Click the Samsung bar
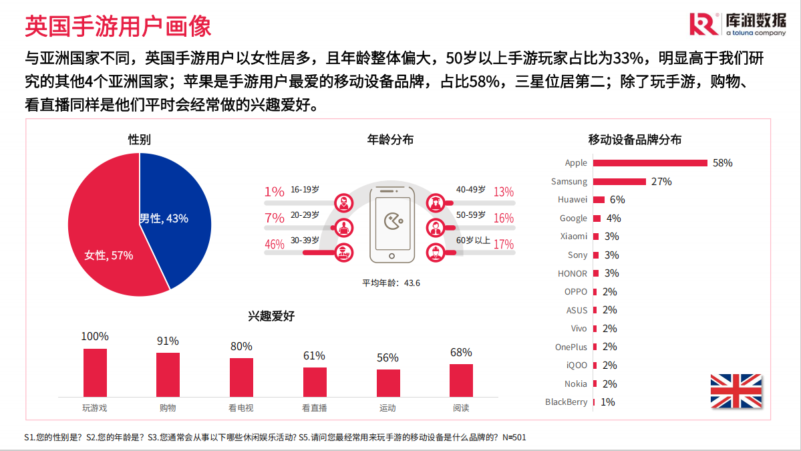(x=619, y=181)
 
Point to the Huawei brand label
(x=573, y=199)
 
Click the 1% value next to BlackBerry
(x=607, y=402)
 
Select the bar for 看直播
(x=315, y=382)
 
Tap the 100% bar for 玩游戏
(x=95, y=372)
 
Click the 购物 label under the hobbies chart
(x=168, y=408)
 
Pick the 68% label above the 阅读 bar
(x=461, y=352)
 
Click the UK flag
(x=736, y=391)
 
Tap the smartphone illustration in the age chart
(x=392, y=224)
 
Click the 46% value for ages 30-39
(x=275, y=244)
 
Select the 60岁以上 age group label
(x=473, y=241)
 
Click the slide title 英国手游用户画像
(x=118, y=26)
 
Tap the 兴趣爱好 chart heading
(x=271, y=316)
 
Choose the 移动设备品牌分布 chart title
(x=635, y=140)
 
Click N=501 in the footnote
(x=514, y=437)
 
